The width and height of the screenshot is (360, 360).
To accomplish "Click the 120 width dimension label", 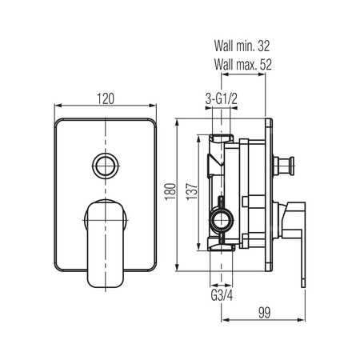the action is click(x=106, y=98).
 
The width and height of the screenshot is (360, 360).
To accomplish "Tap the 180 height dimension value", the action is click(x=170, y=191).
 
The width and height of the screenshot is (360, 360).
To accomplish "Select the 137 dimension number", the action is click(x=192, y=191).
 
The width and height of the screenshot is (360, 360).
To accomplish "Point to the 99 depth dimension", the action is click(x=264, y=313).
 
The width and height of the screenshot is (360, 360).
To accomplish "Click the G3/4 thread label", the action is click(x=222, y=295).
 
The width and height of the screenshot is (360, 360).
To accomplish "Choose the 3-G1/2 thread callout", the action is click(x=221, y=99).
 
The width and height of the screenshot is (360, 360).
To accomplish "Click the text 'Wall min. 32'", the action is click(x=242, y=46).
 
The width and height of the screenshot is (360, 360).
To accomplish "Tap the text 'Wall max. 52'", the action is click(x=242, y=65).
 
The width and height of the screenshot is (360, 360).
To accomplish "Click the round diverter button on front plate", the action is click(x=106, y=166).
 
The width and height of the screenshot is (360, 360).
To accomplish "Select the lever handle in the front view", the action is click(x=106, y=244).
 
